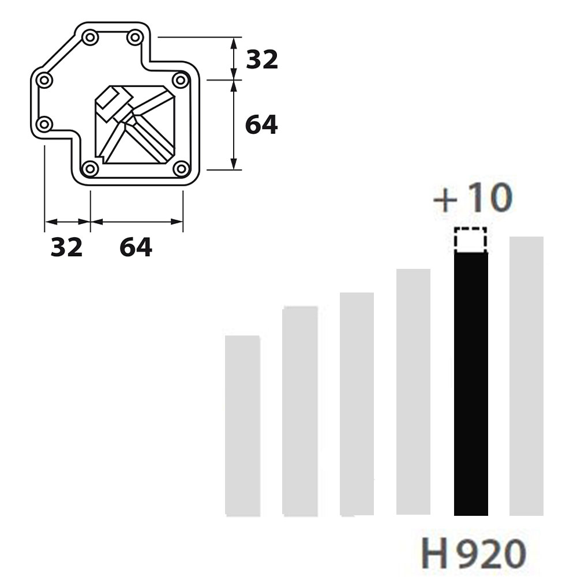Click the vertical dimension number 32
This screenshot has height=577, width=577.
261,59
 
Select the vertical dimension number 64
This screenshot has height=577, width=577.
261,125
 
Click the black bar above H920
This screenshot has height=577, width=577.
471,384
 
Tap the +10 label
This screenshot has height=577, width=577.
473,197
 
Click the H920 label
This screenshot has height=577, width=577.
473,553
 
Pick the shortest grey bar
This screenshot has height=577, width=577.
243,426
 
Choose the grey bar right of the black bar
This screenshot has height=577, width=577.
526,376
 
